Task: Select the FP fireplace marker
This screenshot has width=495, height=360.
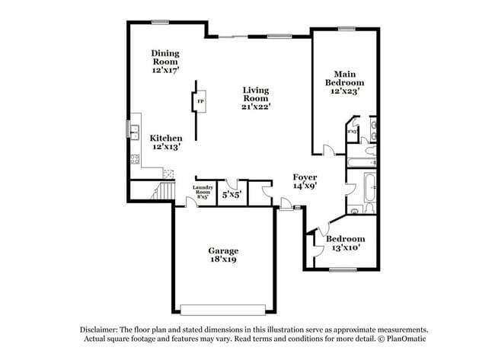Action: (200, 101)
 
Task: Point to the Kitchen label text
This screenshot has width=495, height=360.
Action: (165, 139)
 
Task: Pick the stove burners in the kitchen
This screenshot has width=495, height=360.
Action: (135, 160)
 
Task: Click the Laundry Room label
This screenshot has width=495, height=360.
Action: (202, 189)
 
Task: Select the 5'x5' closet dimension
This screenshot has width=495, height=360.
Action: (230, 195)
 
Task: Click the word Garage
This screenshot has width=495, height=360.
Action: (224, 250)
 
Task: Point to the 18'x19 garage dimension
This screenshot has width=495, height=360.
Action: (224, 260)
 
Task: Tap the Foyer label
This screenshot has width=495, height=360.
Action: (305, 177)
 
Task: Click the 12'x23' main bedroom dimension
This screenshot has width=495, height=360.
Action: (344, 91)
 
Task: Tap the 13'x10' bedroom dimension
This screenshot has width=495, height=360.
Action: (343, 247)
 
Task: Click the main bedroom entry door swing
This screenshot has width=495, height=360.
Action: (326, 150)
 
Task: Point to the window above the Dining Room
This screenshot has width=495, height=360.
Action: (160, 21)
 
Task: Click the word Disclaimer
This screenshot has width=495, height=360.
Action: (100, 329)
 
